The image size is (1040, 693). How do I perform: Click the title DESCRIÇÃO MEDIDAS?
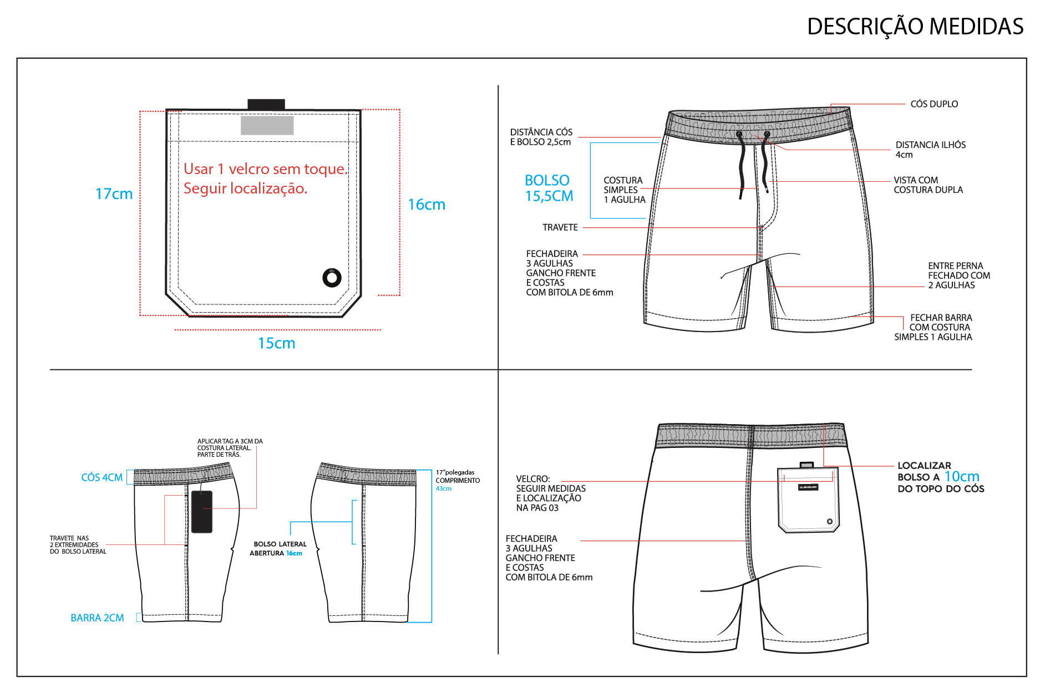click(915, 27)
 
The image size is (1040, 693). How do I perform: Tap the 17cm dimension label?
click(114, 194)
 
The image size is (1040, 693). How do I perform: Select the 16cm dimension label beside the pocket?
click(426, 205)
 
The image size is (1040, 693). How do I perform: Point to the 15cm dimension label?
click(276, 343)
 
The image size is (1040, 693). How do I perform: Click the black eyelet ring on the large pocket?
click(332, 277)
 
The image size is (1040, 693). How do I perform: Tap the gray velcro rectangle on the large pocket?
click(267, 125)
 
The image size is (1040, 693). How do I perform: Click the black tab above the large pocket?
click(266, 104)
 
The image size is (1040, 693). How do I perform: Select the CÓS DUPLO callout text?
click(934, 104)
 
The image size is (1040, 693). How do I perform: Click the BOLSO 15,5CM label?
click(549, 188)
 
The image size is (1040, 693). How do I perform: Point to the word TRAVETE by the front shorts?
click(560, 227)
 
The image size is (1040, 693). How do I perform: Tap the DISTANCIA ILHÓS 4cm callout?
click(930, 150)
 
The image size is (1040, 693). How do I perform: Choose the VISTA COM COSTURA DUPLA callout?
click(928, 185)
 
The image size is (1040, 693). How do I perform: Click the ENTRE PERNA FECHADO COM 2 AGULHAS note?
click(958, 276)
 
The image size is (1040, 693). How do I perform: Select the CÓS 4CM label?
click(102, 477)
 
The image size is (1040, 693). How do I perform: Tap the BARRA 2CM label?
click(97, 618)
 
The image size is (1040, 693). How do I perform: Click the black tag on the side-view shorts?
click(201, 512)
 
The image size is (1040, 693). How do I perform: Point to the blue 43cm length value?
click(443, 489)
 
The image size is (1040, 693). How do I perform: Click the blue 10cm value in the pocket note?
click(962, 476)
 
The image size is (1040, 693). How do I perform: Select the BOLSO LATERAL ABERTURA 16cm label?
click(278, 549)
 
